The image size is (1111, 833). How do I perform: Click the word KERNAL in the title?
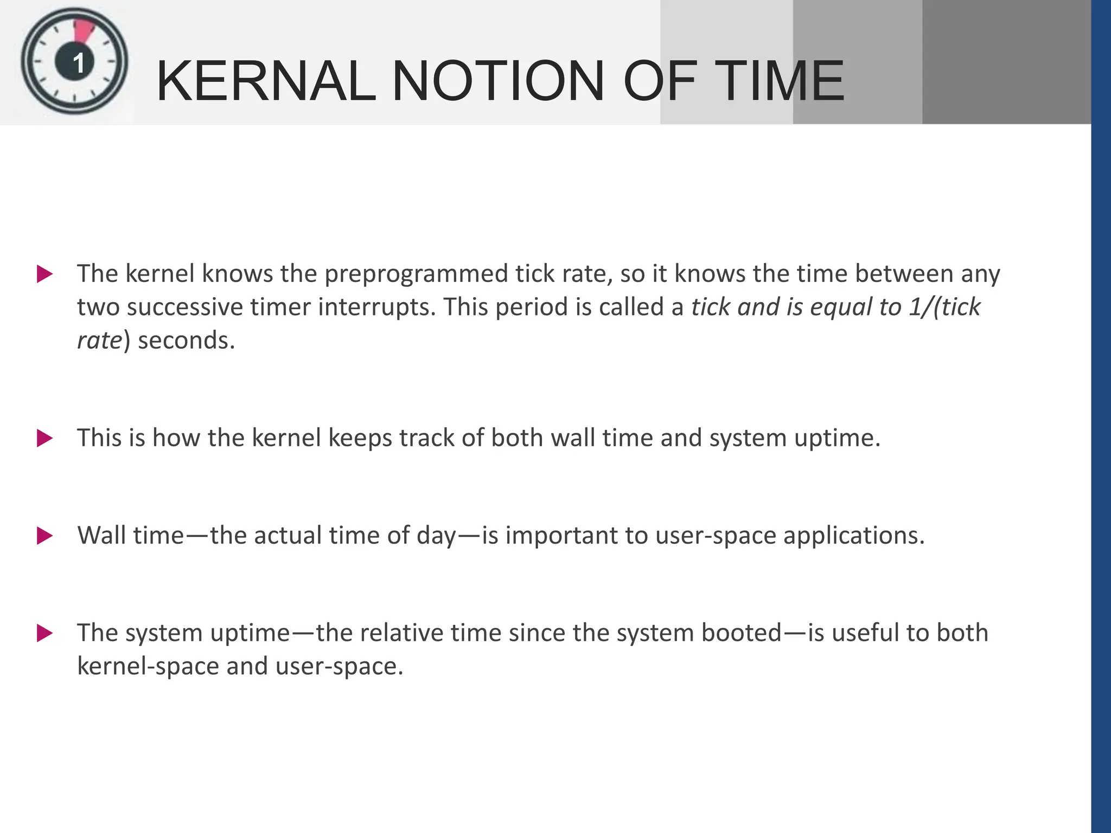coord(266,81)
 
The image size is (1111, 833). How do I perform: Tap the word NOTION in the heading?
coord(497,81)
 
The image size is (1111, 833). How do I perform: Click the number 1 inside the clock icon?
coord(78,63)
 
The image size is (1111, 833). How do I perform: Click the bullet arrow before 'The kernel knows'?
coord(44,274)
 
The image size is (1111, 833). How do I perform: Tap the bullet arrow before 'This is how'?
coord(44,438)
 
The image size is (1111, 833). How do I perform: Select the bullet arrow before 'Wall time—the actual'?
coord(44,536)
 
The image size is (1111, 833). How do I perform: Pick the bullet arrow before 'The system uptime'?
coord(44,633)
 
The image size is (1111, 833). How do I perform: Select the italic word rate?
coord(99,341)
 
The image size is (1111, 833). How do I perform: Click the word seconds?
coord(186,341)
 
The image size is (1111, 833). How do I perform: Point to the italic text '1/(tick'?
coord(944,307)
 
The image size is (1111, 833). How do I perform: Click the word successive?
coord(185,307)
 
